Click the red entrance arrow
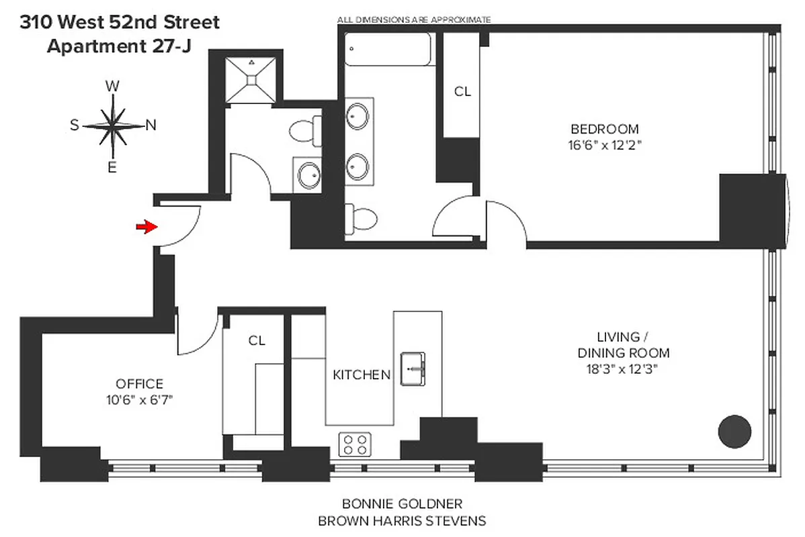(145, 227)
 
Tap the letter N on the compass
(151, 125)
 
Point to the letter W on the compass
(114, 86)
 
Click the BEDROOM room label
(604, 129)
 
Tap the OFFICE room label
(140, 384)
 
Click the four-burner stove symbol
(355, 444)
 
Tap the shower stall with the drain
(250, 80)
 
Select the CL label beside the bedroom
(462, 92)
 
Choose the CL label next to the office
(256, 340)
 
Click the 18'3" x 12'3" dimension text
(624, 369)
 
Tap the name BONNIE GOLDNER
(402, 503)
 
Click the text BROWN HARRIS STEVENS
(402, 520)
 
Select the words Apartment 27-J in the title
(116, 46)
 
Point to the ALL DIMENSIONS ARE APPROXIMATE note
(414, 19)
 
